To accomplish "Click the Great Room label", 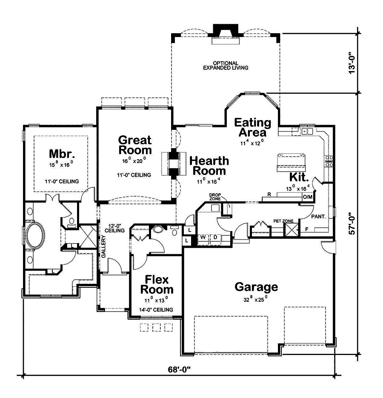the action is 135,145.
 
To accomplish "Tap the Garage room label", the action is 256,287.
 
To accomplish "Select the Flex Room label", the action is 157,284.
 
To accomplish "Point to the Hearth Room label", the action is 209,166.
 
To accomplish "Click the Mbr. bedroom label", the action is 62,154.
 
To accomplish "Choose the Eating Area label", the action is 252,127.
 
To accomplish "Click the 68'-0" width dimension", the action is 179,369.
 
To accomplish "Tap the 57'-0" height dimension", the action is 352,223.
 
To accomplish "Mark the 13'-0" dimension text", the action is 352,63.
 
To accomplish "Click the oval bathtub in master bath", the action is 35,235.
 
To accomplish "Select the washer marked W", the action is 203,238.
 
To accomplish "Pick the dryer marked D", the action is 215,238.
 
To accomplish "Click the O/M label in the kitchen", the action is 308,197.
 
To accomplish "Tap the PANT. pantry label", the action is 319,217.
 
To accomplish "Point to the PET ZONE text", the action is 283,221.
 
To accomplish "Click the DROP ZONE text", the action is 215,197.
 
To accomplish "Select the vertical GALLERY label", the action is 103,246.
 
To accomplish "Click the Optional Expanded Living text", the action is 226,66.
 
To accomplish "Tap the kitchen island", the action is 292,163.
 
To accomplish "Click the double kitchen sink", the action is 307,131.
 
